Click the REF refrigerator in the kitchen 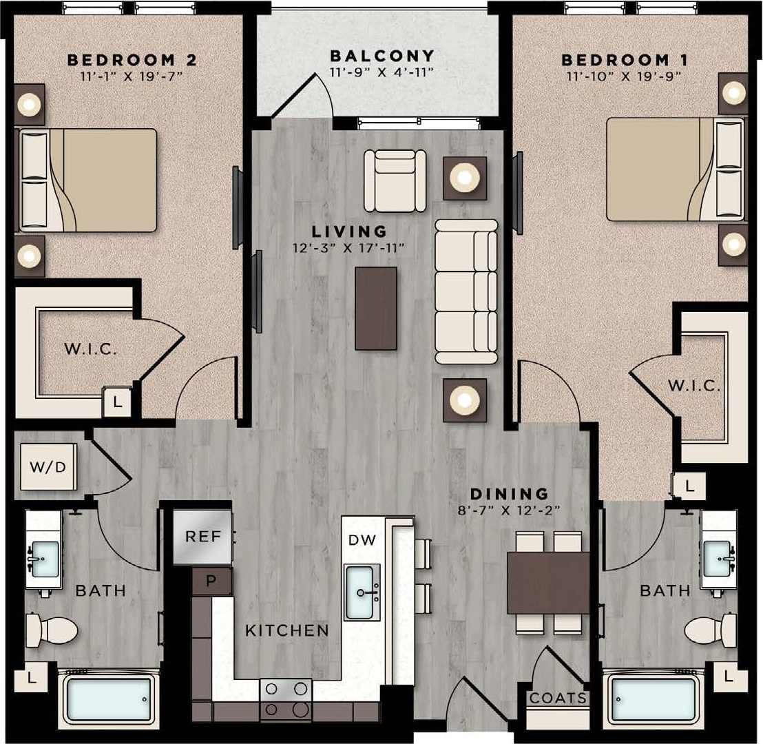202,537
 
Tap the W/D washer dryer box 49,467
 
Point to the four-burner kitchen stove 286,699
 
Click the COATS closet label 558,699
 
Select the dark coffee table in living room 376,308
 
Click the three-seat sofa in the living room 466,291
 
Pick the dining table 548,583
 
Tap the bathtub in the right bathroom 652,699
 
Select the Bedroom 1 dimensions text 624,76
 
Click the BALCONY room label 382,56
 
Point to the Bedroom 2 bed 87,180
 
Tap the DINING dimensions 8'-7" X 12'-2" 509,510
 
